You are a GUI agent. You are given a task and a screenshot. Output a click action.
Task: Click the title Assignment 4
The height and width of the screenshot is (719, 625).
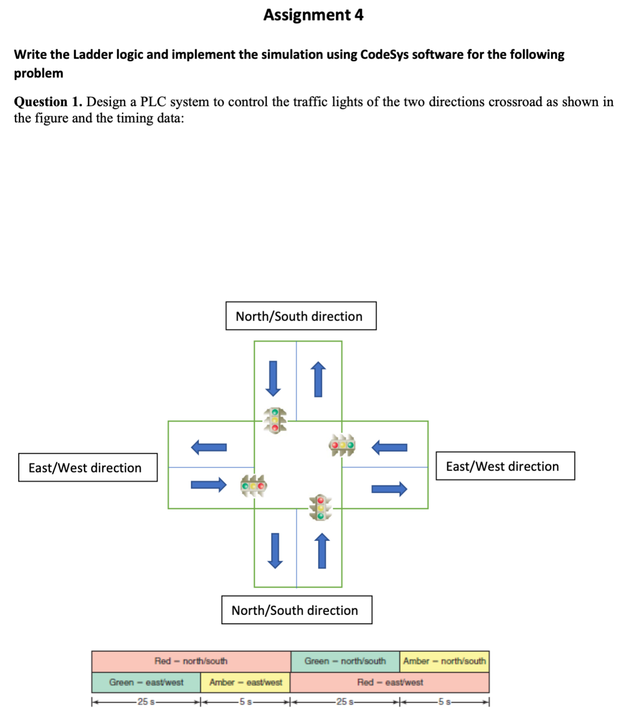click(313, 15)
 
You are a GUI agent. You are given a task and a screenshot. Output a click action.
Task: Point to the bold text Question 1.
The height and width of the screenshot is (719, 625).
click(48, 102)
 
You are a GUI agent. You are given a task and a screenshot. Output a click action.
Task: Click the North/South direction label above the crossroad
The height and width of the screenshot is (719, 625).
click(301, 316)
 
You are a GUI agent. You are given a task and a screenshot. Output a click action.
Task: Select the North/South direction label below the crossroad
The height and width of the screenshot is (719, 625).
click(296, 611)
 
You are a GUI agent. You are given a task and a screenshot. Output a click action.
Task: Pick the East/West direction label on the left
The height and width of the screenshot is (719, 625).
click(88, 467)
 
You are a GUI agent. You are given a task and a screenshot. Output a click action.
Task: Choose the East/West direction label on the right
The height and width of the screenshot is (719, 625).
click(505, 466)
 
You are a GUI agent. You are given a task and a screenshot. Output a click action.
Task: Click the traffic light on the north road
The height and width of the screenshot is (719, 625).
click(275, 420)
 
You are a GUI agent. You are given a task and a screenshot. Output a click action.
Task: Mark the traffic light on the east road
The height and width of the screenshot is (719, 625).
click(342, 445)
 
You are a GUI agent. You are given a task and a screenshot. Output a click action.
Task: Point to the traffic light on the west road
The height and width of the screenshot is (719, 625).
click(253, 486)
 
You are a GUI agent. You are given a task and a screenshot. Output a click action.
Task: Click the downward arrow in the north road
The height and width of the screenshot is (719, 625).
click(273, 379)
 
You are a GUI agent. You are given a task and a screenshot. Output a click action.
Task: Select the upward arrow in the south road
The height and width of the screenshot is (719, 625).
click(322, 551)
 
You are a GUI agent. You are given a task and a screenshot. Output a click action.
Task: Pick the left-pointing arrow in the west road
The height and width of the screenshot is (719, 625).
click(209, 447)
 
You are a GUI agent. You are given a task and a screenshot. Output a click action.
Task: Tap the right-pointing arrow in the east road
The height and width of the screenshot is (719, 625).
click(389, 489)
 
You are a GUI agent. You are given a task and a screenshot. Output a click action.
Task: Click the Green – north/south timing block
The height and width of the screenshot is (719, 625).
click(345, 661)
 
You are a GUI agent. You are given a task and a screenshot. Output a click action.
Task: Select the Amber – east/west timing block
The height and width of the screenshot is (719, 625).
click(245, 683)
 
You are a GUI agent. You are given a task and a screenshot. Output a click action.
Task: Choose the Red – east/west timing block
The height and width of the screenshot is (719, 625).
click(390, 683)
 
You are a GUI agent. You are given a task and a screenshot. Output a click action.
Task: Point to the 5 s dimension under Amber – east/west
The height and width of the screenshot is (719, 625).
click(245, 702)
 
